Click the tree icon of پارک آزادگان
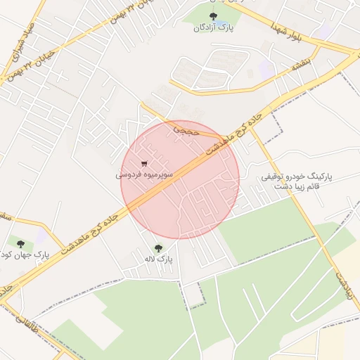point(214,15)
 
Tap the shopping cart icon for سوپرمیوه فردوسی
point(144,165)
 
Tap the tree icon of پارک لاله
point(157,248)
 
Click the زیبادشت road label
point(343,285)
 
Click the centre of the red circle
point(180,179)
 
